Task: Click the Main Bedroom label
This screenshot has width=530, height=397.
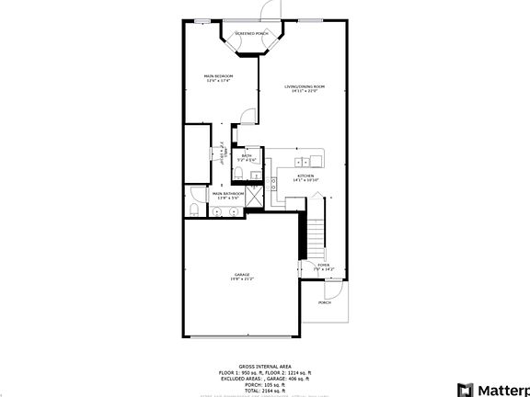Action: pos(218,78)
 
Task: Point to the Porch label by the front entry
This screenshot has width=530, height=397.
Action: pos(324,302)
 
